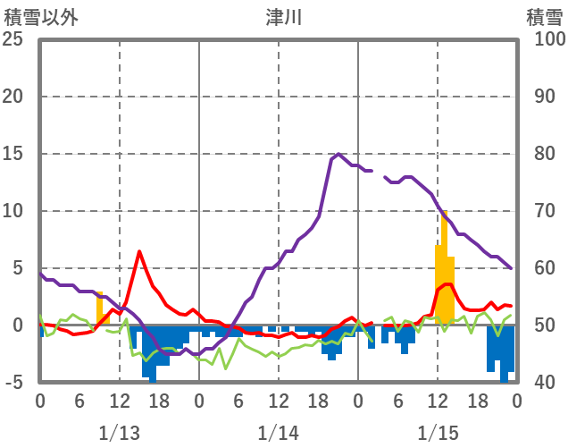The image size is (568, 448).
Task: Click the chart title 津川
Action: (x=284, y=17)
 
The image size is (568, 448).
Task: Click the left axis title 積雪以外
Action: (x=42, y=17)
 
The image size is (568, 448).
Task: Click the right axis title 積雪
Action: (x=543, y=17)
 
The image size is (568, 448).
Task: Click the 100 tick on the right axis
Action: (x=544, y=39)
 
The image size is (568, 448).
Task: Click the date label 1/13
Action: (x=119, y=433)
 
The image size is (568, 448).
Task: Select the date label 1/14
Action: (x=278, y=433)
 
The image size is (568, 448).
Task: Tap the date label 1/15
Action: (x=438, y=433)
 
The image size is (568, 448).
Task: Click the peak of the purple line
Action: (x=338, y=155)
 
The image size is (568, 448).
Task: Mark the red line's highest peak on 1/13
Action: (x=139, y=251)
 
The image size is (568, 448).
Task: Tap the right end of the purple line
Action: (x=512, y=268)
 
